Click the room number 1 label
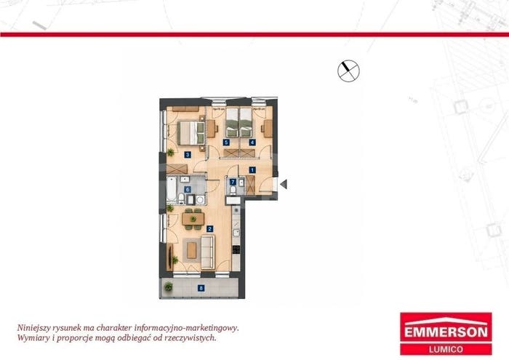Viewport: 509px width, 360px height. click(252, 169)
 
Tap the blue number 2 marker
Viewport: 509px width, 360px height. click(209, 229)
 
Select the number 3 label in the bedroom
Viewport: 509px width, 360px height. click(188, 155)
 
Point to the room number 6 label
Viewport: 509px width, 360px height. click(188, 189)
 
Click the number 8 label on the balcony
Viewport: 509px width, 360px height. click(201, 287)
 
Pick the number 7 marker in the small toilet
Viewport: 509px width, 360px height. click(233, 182)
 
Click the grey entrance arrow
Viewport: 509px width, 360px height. click(284, 185)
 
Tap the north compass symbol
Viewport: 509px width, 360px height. click(348, 71)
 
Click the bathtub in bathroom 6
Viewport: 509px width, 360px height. click(171, 189)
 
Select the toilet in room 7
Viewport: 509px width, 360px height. click(233, 190)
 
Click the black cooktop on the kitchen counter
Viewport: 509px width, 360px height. click(236, 249)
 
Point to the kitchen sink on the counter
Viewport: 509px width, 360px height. click(236, 232)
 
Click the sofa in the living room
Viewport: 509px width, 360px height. click(208, 252)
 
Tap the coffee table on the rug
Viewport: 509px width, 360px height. click(192, 251)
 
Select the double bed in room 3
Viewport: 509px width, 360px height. click(191, 133)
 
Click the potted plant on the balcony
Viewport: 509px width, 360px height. click(168, 287)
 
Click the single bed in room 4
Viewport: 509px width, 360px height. click(246, 122)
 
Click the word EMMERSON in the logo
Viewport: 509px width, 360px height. click(446, 332)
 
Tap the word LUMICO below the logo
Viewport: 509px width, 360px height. click(446, 350)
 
